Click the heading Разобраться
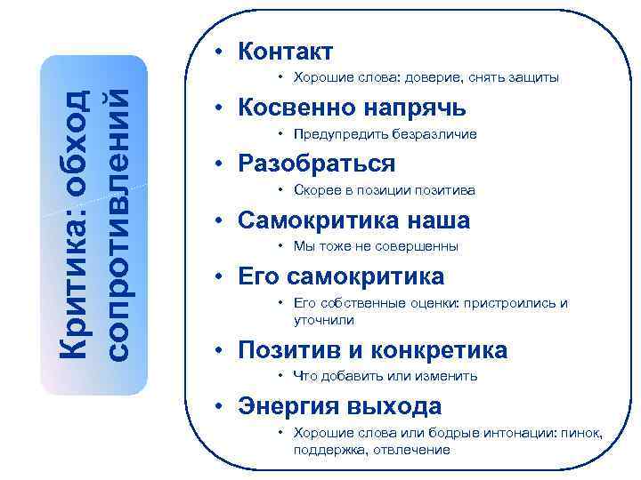point(316,164)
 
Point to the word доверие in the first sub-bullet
point(429,78)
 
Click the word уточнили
point(323,319)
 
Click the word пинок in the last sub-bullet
point(581,433)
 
